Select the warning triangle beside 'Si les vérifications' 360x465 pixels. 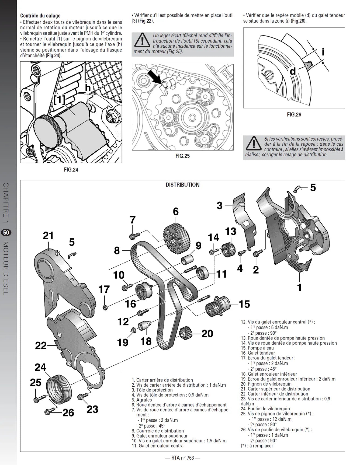253,144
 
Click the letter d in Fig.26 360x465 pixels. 293,71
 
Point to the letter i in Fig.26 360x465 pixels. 323,52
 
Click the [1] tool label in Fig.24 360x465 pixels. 59,100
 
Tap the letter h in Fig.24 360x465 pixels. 88,88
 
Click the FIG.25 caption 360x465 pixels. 183,156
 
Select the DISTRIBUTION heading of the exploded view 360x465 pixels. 183,185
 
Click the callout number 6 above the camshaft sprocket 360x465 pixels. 176,212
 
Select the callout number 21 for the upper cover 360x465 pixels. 48,236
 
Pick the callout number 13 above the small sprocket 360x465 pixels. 231,232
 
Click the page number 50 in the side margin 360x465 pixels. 6,232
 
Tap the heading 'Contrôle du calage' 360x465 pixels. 40,16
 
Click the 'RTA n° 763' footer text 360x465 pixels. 183,458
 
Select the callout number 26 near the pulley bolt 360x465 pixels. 68,413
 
